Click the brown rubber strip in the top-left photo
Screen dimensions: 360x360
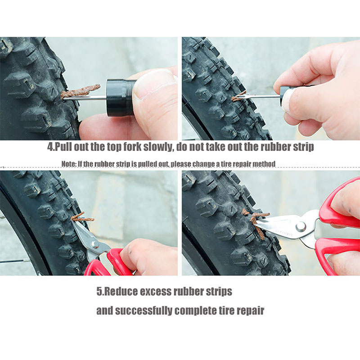pos(81,90)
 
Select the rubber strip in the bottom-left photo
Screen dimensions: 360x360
pos(82,217)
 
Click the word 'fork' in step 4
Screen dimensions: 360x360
pos(132,147)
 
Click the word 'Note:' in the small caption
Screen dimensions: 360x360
pos(69,164)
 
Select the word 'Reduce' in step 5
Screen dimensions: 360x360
pos(120,292)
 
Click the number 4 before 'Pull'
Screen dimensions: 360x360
pos(50,147)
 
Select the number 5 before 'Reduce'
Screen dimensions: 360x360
pos(99,292)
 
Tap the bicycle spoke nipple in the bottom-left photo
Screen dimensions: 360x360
pos(26,261)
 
